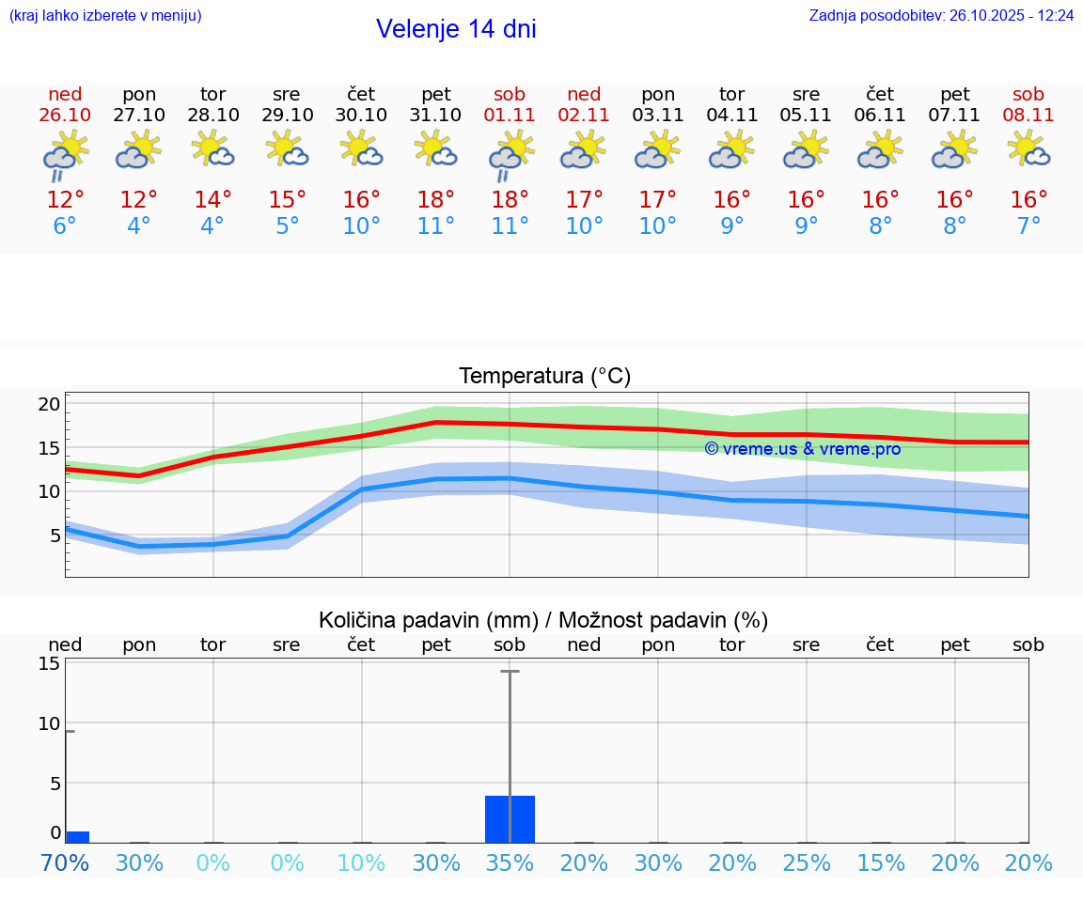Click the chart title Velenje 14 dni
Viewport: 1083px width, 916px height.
tap(456, 29)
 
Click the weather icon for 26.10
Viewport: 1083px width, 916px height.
tap(65, 154)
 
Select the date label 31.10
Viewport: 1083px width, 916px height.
tap(435, 116)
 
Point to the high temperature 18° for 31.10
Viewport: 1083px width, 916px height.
tap(435, 200)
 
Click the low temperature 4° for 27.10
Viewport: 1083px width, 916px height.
tap(139, 226)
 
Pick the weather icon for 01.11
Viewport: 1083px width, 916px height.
tap(510, 154)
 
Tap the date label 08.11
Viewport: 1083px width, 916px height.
tap(1028, 116)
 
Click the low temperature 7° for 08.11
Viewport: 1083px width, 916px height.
tap(1028, 226)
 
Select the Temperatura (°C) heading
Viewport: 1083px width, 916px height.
tap(544, 377)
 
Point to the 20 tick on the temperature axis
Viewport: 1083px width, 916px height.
tap(49, 405)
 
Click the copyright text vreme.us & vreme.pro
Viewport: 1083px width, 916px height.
tap(803, 449)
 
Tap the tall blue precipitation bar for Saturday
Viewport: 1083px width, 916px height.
tap(510, 819)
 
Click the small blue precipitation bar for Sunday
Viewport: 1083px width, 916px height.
tap(77, 837)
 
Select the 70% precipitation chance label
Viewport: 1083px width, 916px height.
tap(65, 863)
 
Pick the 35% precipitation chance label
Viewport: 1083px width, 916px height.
tap(510, 863)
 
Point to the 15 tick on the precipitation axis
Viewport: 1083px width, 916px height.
tap(49, 664)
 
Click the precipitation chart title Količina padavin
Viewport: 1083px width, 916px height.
tap(543, 620)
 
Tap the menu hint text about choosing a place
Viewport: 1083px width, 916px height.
tap(105, 16)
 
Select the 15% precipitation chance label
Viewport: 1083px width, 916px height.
tap(881, 863)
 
